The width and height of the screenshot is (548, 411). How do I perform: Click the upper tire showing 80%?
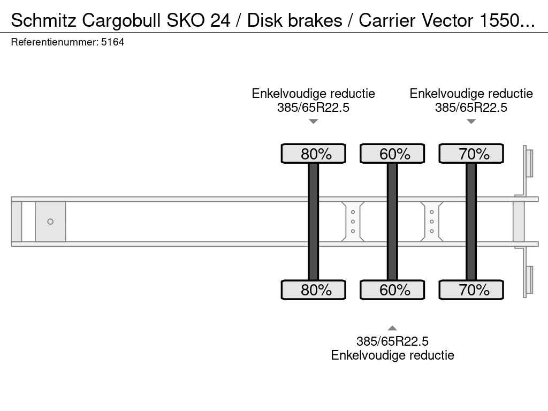(x=314, y=154)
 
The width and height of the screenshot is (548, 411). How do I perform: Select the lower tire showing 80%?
(x=314, y=290)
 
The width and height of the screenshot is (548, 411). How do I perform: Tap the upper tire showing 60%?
(x=392, y=154)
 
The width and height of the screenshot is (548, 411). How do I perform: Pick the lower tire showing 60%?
(x=392, y=290)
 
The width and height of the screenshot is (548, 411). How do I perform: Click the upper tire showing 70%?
(x=471, y=154)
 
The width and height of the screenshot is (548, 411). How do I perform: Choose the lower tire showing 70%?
(x=471, y=290)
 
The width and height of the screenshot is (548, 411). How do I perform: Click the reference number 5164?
(x=113, y=42)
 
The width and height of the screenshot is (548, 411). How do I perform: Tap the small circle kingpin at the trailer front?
(x=50, y=222)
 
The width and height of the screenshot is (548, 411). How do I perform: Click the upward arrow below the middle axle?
(x=392, y=328)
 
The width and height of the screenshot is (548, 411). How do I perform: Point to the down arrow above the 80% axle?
(x=314, y=121)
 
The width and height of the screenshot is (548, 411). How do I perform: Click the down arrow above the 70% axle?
(x=471, y=121)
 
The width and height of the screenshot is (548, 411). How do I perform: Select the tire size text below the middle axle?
(x=392, y=341)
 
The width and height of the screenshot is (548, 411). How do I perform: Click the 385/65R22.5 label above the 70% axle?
(x=471, y=107)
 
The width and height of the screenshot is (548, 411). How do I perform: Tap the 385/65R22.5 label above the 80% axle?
(x=314, y=107)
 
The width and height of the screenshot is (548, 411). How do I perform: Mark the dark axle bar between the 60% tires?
(x=392, y=222)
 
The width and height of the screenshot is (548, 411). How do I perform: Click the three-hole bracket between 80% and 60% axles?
(x=353, y=222)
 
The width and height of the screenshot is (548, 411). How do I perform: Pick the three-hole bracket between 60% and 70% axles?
(x=431, y=222)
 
